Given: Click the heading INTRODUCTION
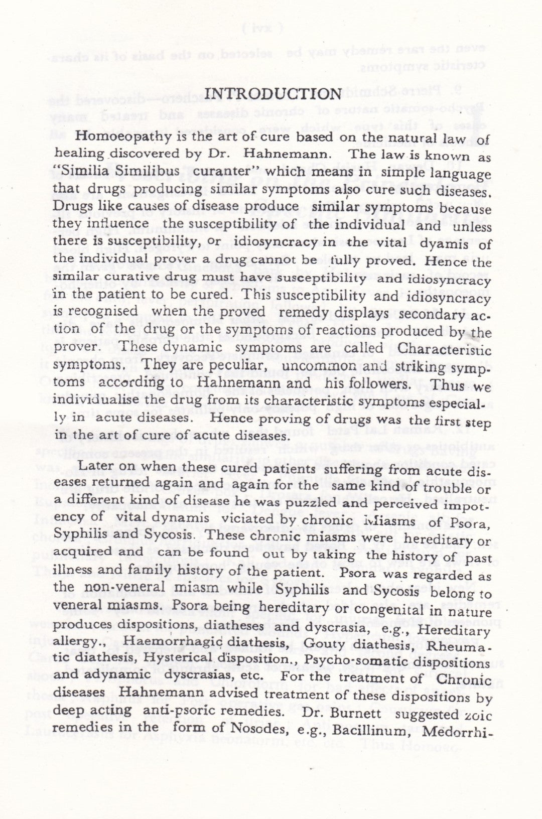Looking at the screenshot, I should click(274, 94).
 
